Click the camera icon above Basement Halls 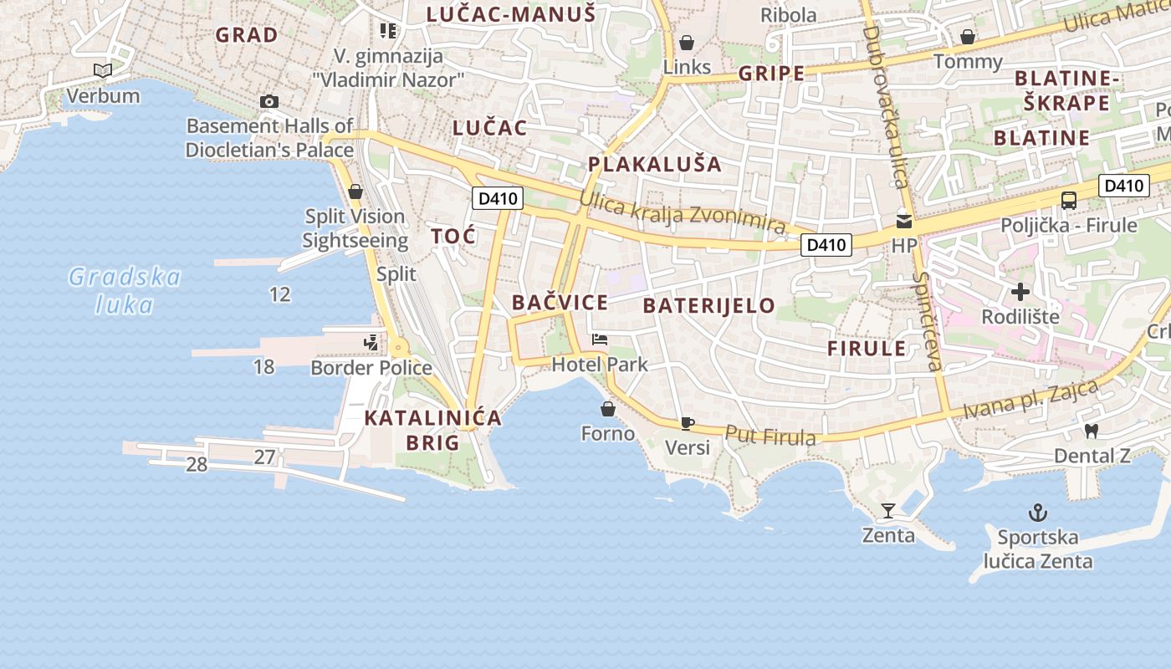click(x=269, y=102)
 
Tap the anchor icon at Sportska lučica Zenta click(x=1038, y=512)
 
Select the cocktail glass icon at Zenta click(x=888, y=510)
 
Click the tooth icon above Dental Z click(x=1090, y=432)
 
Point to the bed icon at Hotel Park click(x=600, y=340)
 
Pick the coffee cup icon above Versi click(x=687, y=423)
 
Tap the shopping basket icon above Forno click(x=608, y=409)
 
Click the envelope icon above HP click(x=904, y=222)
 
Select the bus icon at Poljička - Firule click(x=1069, y=201)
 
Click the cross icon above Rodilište click(x=1020, y=292)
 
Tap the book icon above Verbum click(x=103, y=71)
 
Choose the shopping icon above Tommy click(x=968, y=37)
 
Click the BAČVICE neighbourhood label click(x=560, y=303)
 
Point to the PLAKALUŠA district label click(x=654, y=164)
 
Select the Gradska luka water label click(x=125, y=290)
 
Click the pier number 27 click(x=265, y=457)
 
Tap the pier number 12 click(x=280, y=294)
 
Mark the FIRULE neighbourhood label click(x=867, y=349)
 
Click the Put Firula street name click(x=770, y=436)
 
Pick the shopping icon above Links click(x=687, y=42)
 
